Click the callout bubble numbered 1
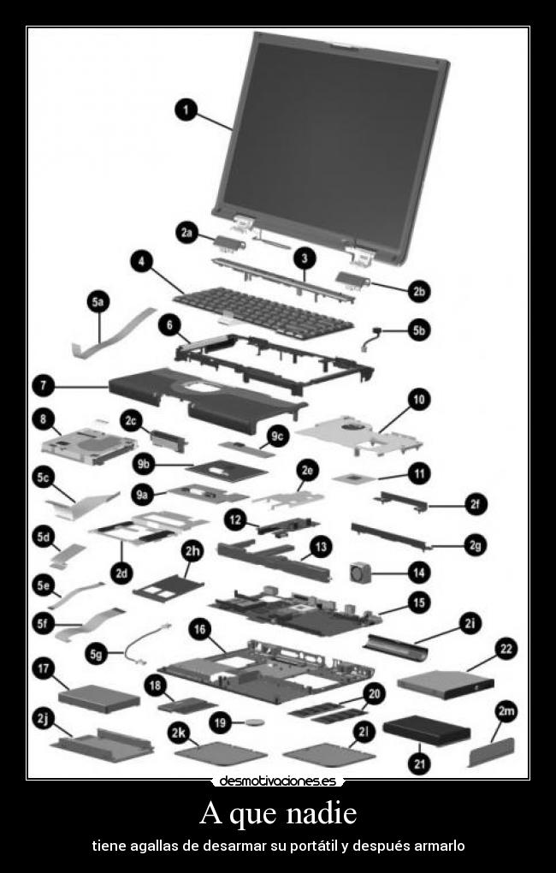pos(186,110)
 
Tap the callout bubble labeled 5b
pos(419,330)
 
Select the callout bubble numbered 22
pos(506,649)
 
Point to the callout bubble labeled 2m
pos(506,711)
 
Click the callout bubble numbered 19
pos(221,722)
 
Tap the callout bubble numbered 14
pos(419,573)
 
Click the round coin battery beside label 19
pos(255,722)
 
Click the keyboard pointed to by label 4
pos(263,312)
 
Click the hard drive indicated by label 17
pos(99,698)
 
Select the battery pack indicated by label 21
pos(427,730)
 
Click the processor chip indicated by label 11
pos(353,478)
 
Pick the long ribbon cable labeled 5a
pos(114,332)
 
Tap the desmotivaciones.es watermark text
pos(278,781)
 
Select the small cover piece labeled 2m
pos(492,751)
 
